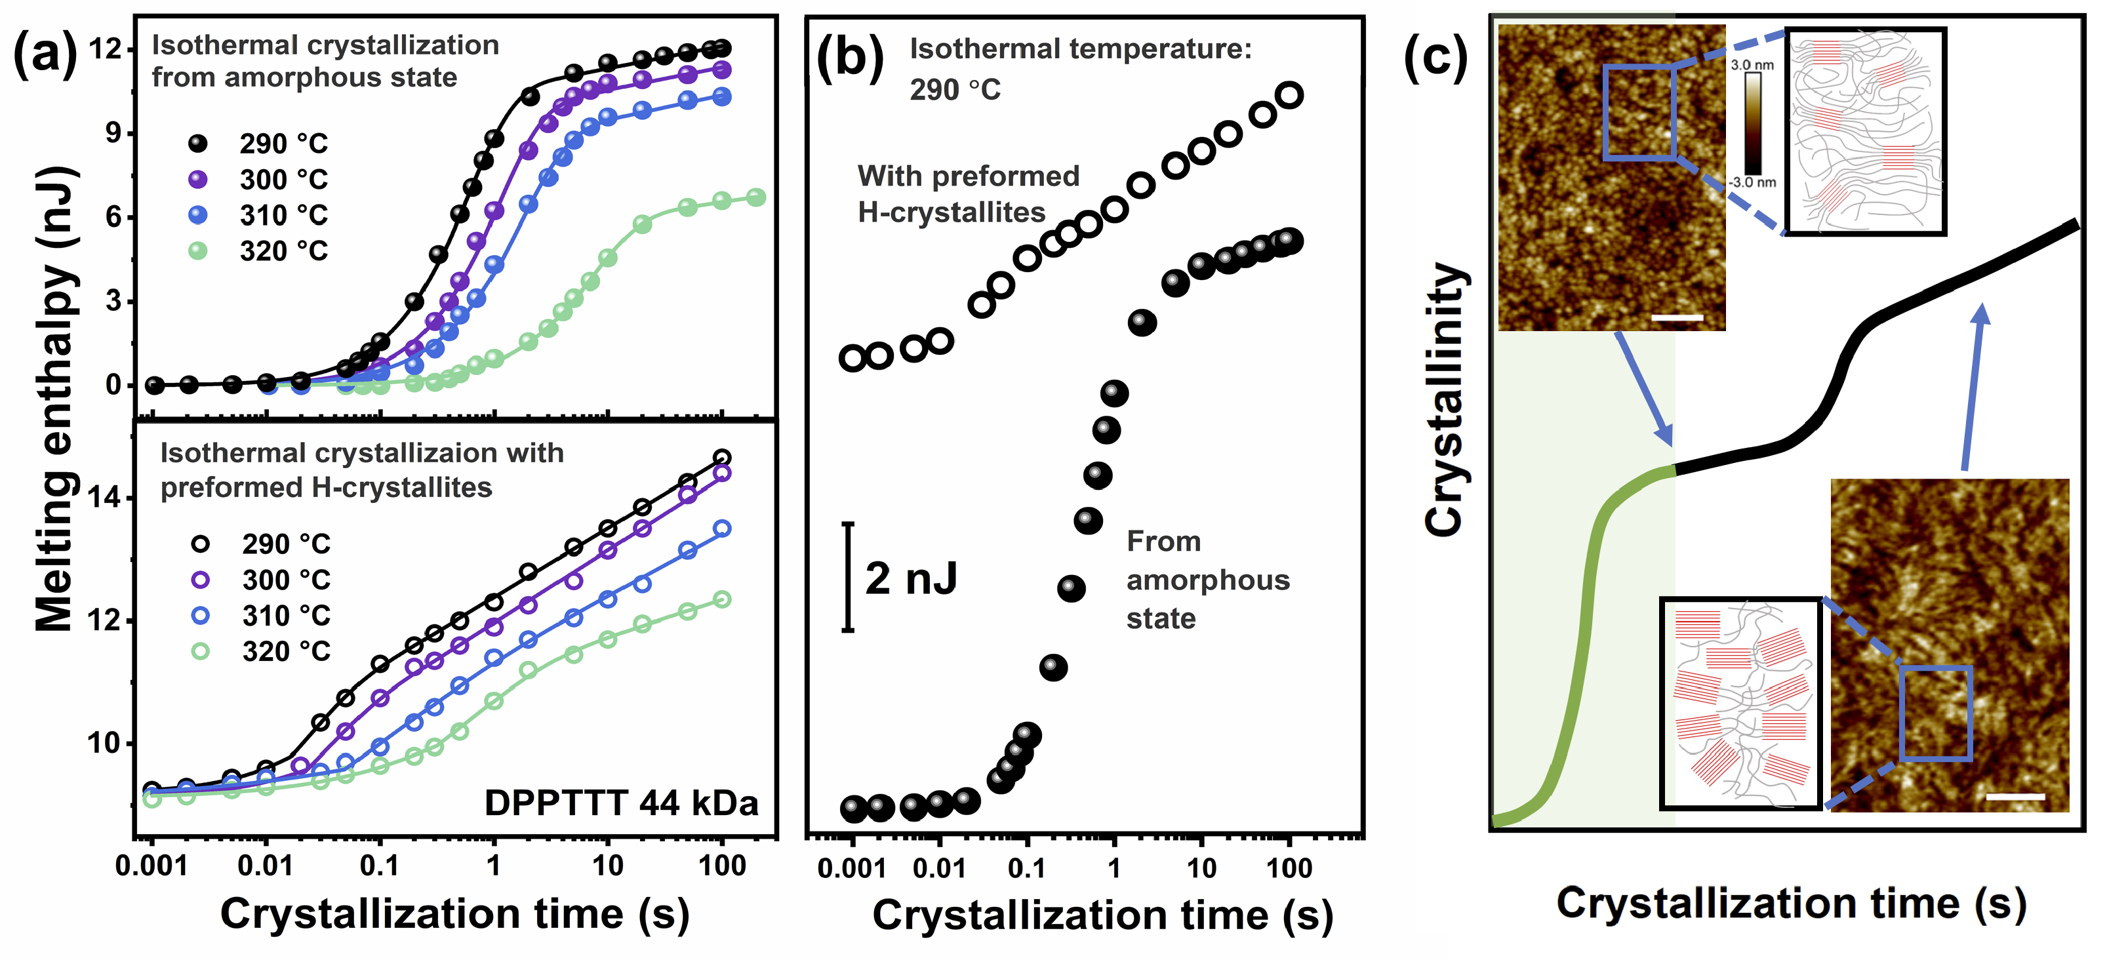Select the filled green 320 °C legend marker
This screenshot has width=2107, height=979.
pos(198,251)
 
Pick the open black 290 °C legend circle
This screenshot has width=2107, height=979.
pos(201,544)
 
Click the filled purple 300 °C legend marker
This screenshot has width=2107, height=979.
pos(198,179)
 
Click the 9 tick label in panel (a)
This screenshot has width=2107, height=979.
pos(113,132)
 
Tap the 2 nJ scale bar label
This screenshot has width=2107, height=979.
pos(911,579)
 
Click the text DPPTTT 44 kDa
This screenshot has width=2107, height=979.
pos(621,803)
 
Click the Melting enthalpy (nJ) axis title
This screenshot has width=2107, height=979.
pos(56,399)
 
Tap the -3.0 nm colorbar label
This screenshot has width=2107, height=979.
pos(1752,182)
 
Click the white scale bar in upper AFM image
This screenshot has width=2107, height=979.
pos(1677,317)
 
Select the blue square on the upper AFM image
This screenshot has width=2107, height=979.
pos(1639,113)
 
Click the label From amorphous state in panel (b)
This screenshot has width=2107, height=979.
pos(1207,580)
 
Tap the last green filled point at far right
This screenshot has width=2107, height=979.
pos(757,197)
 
